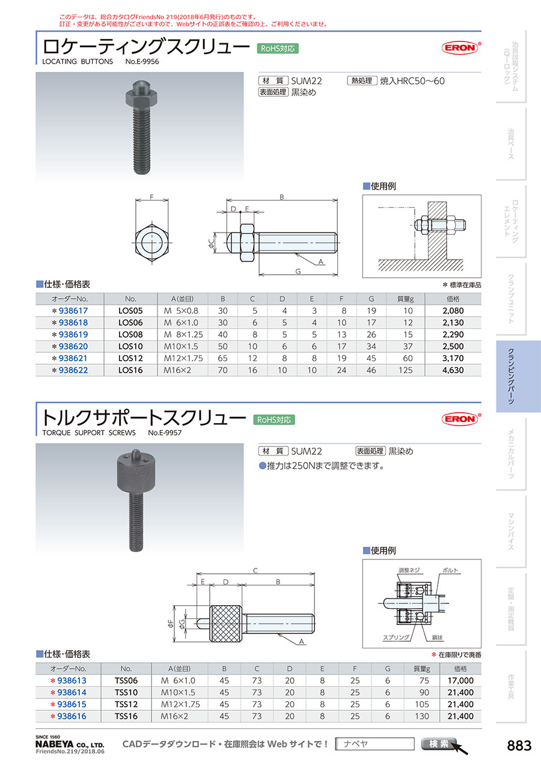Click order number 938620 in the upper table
click(73, 346)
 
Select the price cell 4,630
click(453, 370)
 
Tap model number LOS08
click(130, 334)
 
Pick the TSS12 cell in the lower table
click(126, 704)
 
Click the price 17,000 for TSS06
click(460, 680)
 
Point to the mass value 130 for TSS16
click(422, 716)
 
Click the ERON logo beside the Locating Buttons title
click(460, 47)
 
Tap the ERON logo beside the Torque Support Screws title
click(460, 419)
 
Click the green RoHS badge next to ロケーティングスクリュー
click(278, 49)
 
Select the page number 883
click(519, 745)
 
